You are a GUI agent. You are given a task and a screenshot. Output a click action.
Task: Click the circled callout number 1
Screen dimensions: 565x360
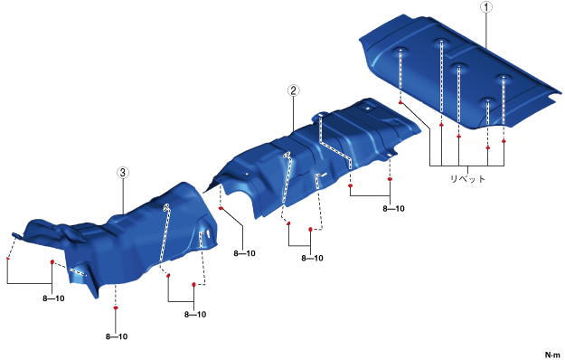[486, 7]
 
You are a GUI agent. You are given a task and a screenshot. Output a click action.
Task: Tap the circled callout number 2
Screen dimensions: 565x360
[293, 90]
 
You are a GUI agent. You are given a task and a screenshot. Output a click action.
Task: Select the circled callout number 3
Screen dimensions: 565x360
[123, 173]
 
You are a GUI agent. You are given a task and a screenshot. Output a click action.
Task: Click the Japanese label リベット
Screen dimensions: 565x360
[467, 179]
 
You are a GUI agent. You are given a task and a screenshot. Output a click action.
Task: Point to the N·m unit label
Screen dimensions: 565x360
[552, 355]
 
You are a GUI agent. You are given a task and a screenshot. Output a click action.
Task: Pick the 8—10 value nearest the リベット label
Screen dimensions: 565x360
[393, 208]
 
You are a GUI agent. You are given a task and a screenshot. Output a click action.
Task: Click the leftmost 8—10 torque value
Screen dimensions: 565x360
[53, 298]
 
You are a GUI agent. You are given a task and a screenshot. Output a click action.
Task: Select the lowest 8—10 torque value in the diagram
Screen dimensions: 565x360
[117, 336]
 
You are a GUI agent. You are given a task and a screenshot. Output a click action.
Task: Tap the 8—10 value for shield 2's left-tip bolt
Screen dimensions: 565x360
[244, 253]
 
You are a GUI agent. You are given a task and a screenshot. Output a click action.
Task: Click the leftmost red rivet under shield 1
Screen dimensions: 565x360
[400, 103]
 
